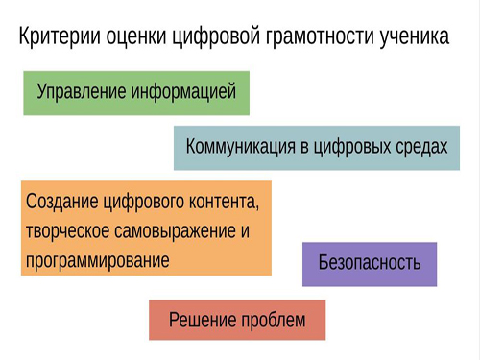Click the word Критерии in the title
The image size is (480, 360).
[x=60, y=36]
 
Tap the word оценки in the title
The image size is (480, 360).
[x=136, y=36]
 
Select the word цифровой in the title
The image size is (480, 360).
[x=216, y=37]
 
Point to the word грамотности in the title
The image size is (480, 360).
[x=319, y=37]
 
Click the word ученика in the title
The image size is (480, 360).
[x=415, y=37]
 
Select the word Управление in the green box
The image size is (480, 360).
[x=82, y=91]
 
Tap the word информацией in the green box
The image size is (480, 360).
[x=183, y=91]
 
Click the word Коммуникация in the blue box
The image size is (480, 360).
[x=240, y=147]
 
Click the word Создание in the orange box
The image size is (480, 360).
[x=62, y=202]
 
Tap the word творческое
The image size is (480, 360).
[x=67, y=231]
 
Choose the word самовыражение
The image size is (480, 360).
[x=175, y=231]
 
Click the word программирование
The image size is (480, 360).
[x=98, y=261]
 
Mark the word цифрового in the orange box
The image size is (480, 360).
[x=143, y=203]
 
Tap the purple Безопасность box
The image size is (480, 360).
[x=370, y=264]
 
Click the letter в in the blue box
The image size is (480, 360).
[x=304, y=148]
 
